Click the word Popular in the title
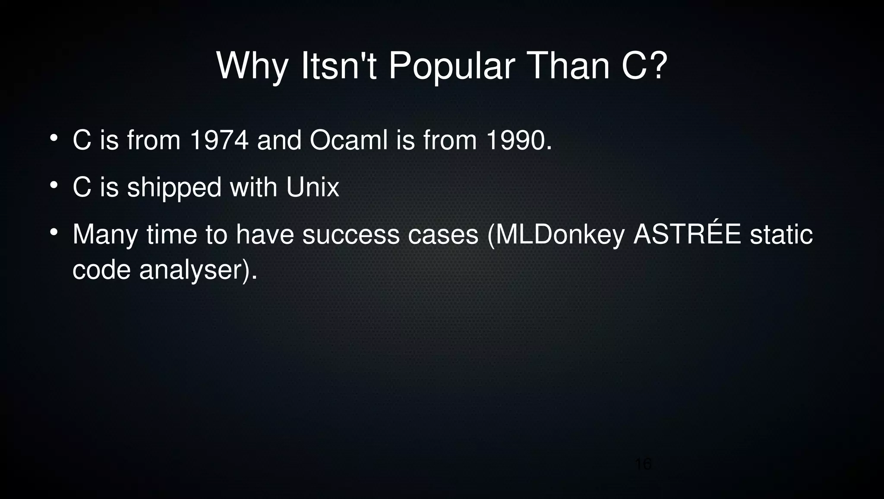click(x=451, y=67)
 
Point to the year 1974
click(x=219, y=140)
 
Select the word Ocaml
click(x=349, y=140)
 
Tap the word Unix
click(x=313, y=187)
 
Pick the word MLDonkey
click(x=556, y=235)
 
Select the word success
click(x=351, y=235)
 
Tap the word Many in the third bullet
click(x=105, y=235)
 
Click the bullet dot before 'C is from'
click(x=54, y=139)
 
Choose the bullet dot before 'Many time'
click(x=54, y=233)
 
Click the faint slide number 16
click(x=643, y=464)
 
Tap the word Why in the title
click(x=252, y=67)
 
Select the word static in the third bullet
click(x=781, y=235)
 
